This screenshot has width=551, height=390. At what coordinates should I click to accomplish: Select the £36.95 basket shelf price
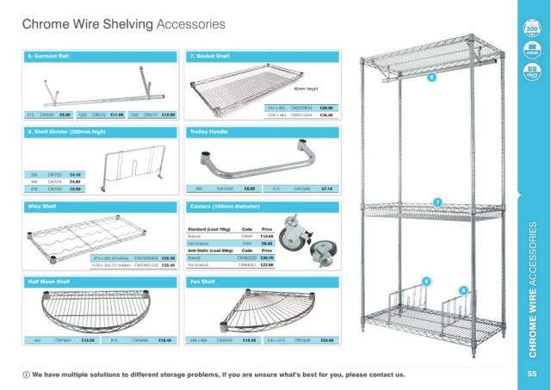click(326, 114)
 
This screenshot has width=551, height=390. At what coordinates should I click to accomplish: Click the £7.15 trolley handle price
click(327, 188)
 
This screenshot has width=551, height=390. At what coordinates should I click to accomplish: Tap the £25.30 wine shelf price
click(169, 257)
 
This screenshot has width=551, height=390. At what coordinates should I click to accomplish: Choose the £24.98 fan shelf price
click(327, 341)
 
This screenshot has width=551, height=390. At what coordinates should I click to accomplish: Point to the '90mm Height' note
click(307, 90)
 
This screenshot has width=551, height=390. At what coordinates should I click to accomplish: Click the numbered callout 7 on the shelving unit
click(437, 202)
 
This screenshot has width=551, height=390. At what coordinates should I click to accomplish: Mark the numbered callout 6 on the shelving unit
click(431, 78)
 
